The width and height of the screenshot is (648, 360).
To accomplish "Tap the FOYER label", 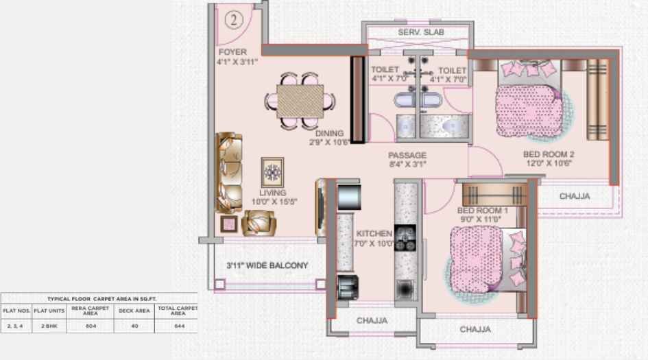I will click(232, 52).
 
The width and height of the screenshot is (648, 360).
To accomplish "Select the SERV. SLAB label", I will click(417, 33).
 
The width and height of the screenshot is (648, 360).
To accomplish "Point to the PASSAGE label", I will click(407, 155).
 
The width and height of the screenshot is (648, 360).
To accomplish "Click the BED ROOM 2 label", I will click(548, 154).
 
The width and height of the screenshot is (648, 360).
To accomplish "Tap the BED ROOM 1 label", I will click(482, 210).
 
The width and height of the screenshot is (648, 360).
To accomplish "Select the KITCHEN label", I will click(374, 234).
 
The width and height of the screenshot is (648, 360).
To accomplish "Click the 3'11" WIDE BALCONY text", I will click(267, 265).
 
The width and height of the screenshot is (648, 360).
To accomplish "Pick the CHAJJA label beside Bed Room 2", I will click(575, 196).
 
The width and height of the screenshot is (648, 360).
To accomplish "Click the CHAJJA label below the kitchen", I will click(372, 320).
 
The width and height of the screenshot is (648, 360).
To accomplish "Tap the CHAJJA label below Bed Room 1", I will click(475, 330).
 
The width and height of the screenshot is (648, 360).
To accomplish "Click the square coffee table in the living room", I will click(272, 171).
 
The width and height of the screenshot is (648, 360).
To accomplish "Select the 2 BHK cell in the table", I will click(48, 326).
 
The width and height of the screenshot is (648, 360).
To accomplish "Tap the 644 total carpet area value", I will click(178, 326).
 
